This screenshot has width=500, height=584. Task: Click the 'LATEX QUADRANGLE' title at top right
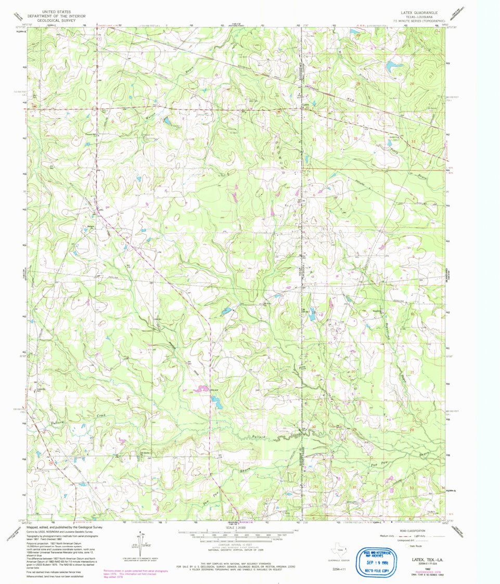(419, 11)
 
